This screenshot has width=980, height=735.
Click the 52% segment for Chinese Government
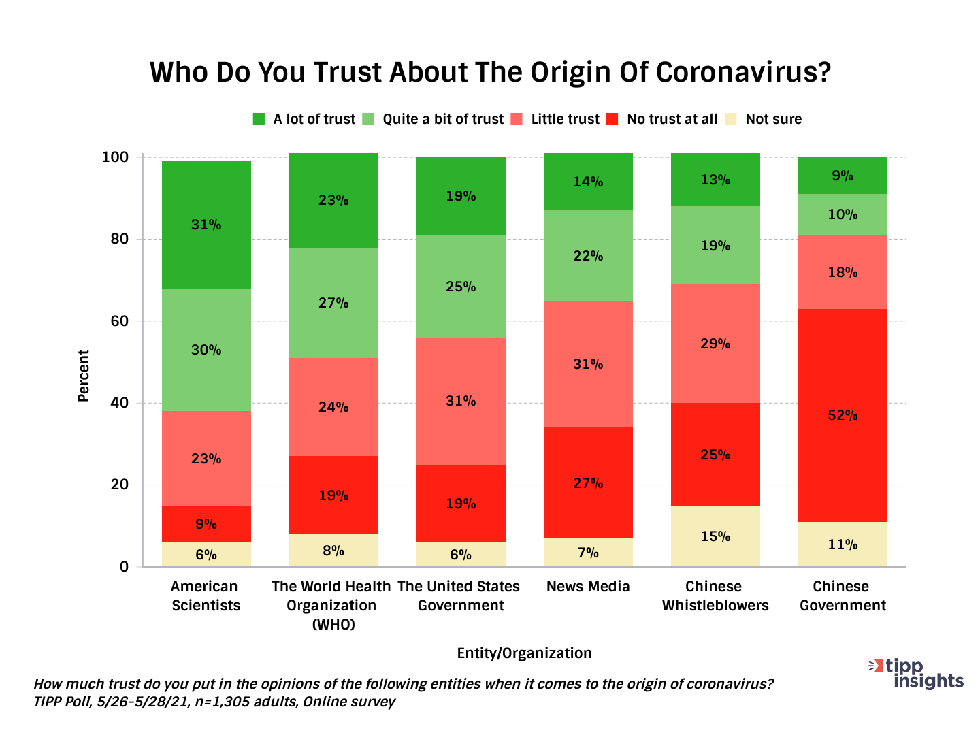843,415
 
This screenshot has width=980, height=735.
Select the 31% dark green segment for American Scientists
206,225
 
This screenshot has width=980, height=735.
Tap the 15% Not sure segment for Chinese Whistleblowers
715,536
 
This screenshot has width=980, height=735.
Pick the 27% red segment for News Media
588,483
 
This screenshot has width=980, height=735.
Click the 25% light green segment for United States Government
461,287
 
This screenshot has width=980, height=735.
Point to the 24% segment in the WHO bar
333,407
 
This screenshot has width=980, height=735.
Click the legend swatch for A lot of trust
259,119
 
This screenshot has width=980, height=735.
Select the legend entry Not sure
773,119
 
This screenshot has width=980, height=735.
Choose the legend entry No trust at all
672,119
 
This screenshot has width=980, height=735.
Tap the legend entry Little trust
565,119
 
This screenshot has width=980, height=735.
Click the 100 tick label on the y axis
115,157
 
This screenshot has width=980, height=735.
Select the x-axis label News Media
588,587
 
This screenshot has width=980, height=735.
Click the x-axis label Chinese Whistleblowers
715,596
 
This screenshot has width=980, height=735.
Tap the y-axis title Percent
84,376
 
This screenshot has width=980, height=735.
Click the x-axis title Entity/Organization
524,653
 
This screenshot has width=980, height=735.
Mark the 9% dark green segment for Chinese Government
843,176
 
